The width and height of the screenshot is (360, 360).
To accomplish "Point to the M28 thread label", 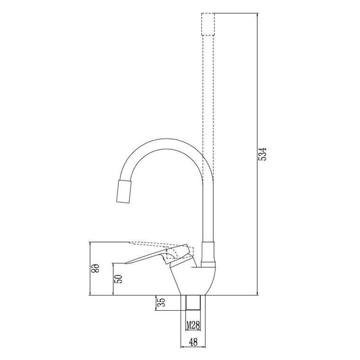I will (x=192, y=325).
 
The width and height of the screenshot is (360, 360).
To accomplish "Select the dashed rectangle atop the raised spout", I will (x=208, y=25).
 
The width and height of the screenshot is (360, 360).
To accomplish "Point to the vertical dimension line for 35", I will (x=157, y=303).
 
